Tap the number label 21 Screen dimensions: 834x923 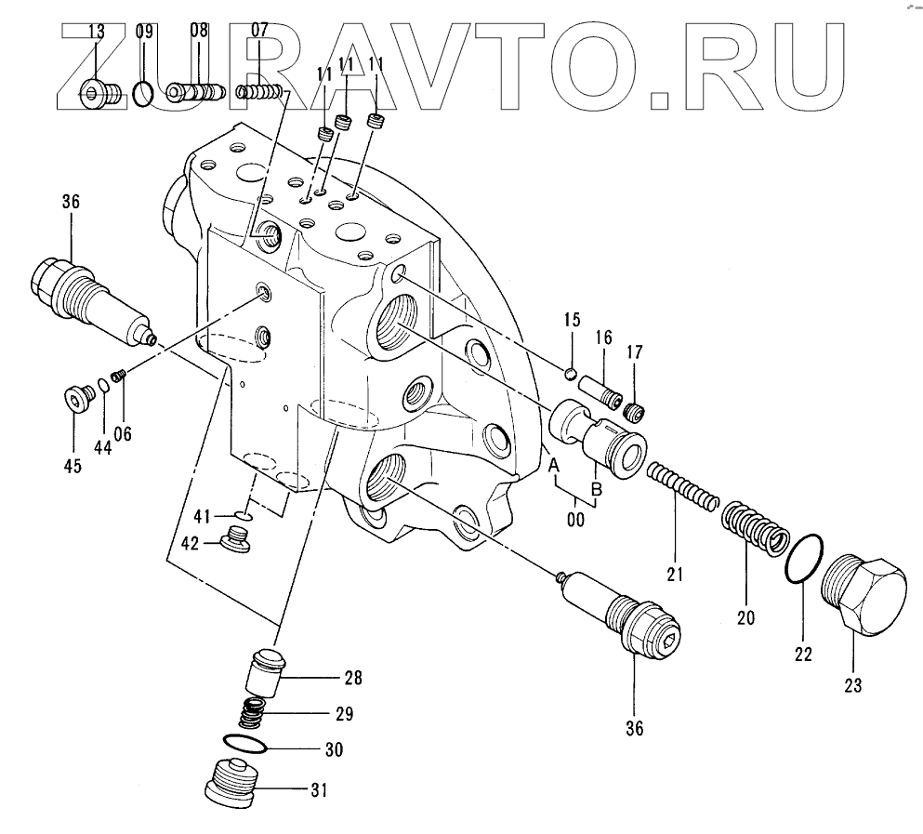[674, 574]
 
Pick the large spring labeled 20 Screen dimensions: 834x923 [755, 530]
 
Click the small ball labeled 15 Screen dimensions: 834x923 [571, 374]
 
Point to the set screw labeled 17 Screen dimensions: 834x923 [635, 410]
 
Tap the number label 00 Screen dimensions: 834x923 [575, 521]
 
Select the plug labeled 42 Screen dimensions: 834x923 [239, 538]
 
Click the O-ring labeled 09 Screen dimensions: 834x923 [142, 92]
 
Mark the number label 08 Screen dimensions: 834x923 [199, 29]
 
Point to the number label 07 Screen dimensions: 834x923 [258, 29]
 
